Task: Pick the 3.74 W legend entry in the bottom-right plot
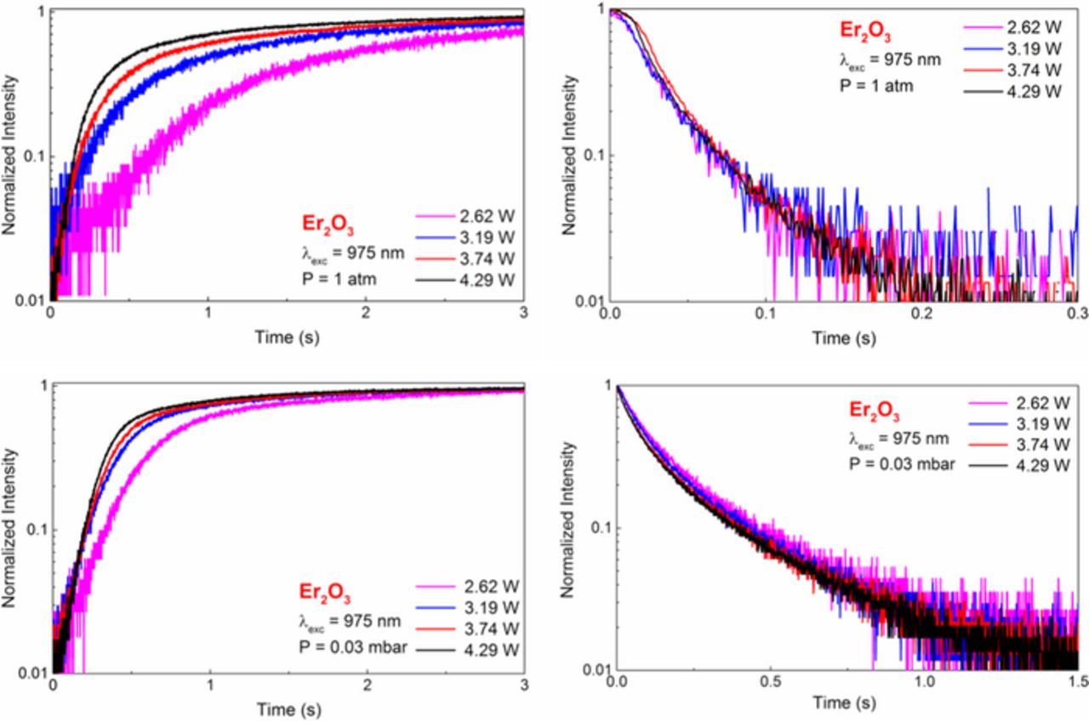tap(1034, 444)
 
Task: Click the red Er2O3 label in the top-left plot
tap(328, 224)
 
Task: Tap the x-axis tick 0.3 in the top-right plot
tap(1077, 313)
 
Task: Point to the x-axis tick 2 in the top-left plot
tap(366, 313)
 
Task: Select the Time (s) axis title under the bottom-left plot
tap(288, 709)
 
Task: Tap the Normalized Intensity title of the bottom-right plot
tap(571, 519)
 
